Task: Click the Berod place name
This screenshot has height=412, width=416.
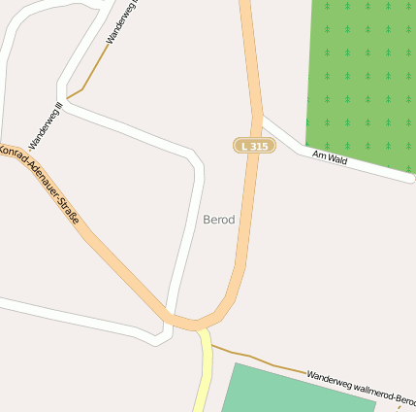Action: point(219,220)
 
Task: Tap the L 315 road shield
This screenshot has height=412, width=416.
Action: point(254,146)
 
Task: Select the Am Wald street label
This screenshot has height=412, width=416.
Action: point(330,156)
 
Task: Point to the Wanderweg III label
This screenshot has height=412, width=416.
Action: point(46,124)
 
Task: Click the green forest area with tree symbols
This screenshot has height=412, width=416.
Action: point(361,78)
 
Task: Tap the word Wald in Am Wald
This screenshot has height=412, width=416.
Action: point(336,158)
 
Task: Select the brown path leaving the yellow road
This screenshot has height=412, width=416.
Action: point(252,359)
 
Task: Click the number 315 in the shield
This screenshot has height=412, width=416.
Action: point(259,146)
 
